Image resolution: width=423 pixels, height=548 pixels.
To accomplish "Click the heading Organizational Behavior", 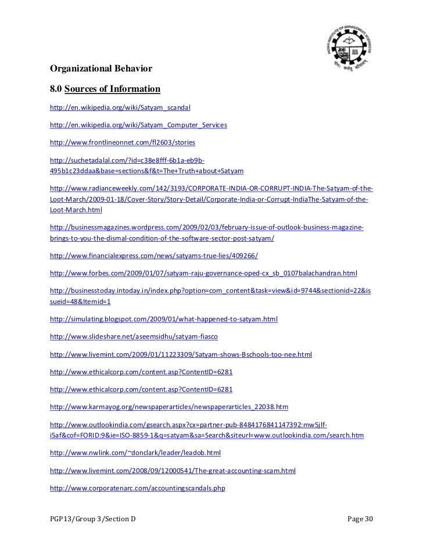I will click(101, 69).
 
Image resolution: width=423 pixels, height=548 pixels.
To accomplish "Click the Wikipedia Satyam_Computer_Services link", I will click(138, 125).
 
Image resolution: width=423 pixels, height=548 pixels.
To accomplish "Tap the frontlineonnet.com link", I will click(123, 142).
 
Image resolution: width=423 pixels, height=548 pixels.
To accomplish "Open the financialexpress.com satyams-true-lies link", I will click(154, 255).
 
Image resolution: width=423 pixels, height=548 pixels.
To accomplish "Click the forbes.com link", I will click(203, 272).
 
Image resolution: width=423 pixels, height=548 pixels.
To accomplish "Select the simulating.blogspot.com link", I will click(164, 320).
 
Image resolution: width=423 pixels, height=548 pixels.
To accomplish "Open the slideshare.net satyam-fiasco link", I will click(134, 336).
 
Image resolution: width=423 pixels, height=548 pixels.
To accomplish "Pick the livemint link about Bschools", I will click(181, 353).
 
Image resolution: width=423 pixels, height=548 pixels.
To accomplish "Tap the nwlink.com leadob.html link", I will click(135, 452).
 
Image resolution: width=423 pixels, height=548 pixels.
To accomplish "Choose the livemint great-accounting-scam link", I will click(173, 469).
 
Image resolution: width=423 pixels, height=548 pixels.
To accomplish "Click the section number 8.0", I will click(56, 89).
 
